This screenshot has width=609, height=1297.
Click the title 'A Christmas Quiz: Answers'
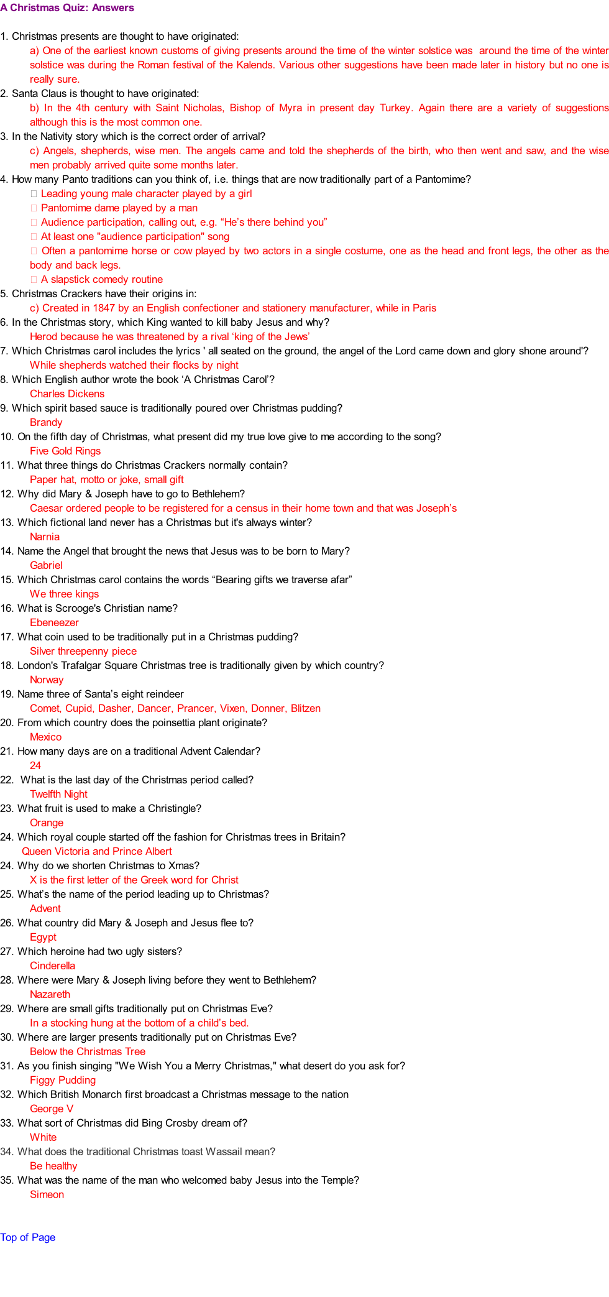(67, 8)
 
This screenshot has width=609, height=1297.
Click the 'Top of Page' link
(28, 1237)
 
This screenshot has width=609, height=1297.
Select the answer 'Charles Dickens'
(67, 394)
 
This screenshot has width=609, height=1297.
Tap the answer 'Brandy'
(46, 422)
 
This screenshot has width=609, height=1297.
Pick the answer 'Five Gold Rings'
(65, 451)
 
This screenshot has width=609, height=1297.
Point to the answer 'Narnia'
(45, 537)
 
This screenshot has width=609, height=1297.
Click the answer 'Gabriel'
(46, 565)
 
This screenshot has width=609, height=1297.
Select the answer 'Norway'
(47, 680)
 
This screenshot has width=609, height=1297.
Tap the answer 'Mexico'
(45, 737)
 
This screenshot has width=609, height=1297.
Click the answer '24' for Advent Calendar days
(35, 765)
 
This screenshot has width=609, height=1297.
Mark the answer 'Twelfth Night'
(58, 794)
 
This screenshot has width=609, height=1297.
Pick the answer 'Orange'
(47, 823)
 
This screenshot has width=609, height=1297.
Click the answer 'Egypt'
(43, 937)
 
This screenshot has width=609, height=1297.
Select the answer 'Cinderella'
(52, 966)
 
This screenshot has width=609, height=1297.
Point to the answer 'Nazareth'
(50, 994)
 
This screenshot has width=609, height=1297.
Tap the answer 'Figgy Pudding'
(63, 1080)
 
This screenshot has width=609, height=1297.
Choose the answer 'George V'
(52, 1109)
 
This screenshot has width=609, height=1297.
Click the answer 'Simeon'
(47, 1194)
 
